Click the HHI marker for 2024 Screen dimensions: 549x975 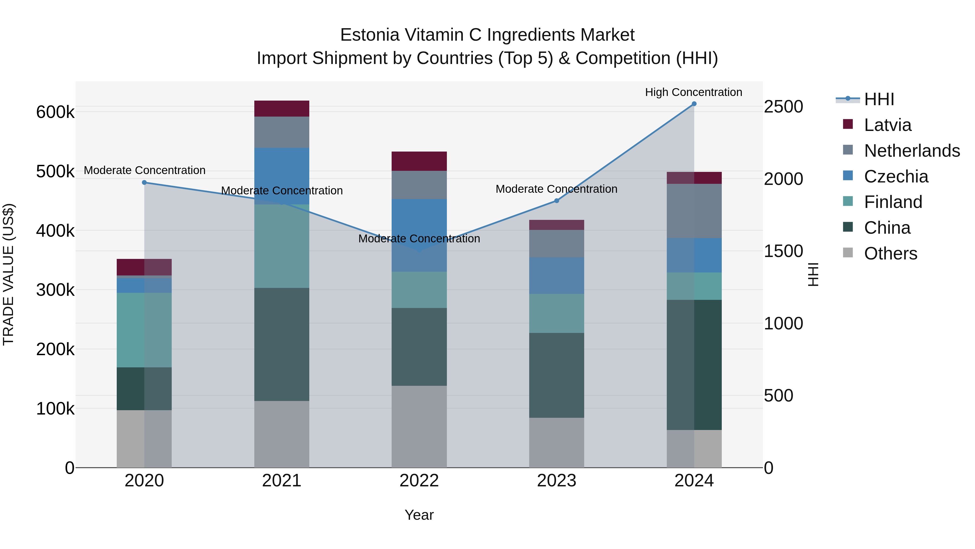point(694,104)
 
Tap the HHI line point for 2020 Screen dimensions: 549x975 point(144,183)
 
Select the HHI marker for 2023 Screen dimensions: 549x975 point(556,201)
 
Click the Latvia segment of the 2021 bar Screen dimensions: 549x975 point(282,109)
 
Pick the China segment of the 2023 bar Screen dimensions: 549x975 point(556,375)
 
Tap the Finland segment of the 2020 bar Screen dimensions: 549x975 point(144,330)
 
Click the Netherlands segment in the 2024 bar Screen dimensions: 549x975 point(694,211)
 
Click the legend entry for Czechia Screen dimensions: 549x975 point(896,176)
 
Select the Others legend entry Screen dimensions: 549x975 point(890,253)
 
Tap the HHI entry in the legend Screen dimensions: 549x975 point(879,99)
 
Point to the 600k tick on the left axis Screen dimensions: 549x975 point(55,112)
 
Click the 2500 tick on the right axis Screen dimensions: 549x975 point(783,107)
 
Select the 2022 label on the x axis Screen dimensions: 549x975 point(419,481)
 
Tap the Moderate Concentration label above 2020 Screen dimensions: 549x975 point(145,171)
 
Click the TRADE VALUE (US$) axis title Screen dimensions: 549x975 point(8,274)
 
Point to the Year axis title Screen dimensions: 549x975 point(419,515)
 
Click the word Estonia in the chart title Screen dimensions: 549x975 point(369,35)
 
